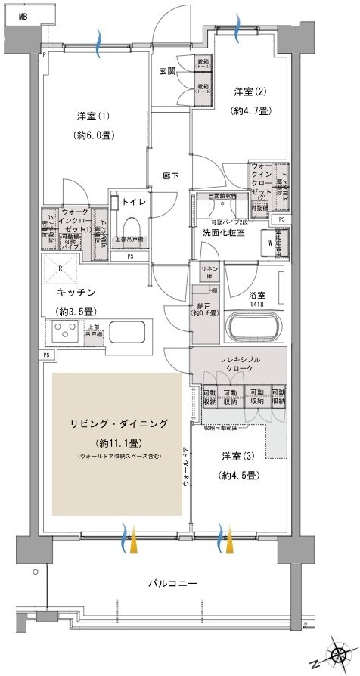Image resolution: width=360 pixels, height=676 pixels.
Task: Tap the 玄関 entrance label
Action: pos(167,72)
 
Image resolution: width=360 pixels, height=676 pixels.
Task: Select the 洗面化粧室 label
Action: pos(223,232)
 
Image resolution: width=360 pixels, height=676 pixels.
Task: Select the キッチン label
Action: pos(75,291)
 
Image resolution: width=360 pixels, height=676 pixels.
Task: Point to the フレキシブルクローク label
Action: pos(237,365)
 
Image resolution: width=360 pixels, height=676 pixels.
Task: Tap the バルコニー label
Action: pos(172,584)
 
